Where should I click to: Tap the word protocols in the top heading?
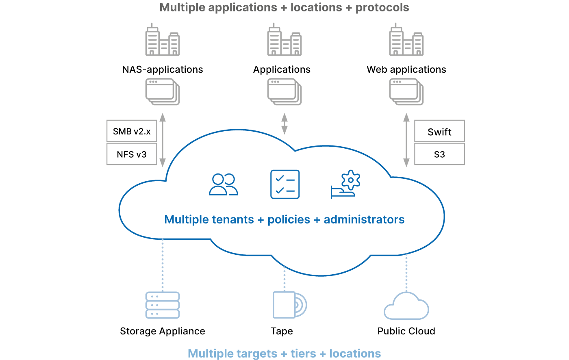pyautogui.click(x=382, y=8)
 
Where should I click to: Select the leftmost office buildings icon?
pyautogui.click(x=163, y=40)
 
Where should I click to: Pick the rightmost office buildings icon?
pyautogui.click(x=406, y=40)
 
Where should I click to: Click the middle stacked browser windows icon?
pyautogui.click(x=284, y=92)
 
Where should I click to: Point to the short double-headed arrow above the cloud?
pyautogui.click(x=284, y=124)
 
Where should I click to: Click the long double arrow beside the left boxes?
pyautogui.click(x=163, y=140)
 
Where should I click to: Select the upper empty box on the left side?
pyautogui.click(x=132, y=130)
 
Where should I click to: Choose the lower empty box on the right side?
pyautogui.click(x=439, y=154)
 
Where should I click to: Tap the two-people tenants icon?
pyautogui.click(x=223, y=184)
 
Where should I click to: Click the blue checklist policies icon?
pyautogui.click(x=285, y=184)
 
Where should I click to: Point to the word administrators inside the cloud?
pyautogui.click(x=364, y=219)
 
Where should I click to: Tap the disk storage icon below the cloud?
pyautogui.click(x=289, y=305)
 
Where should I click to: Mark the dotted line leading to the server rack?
pyautogui.click(x=163, y=264)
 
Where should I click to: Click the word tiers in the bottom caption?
pyautogui.click(x=303, y=353)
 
